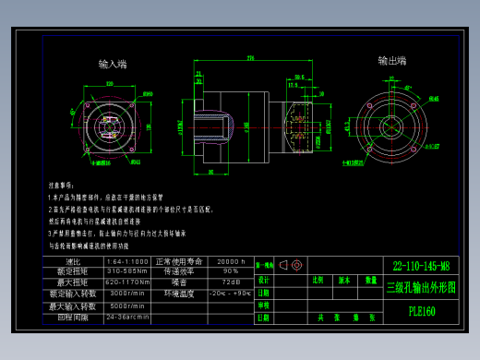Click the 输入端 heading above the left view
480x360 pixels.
[x=113, y=64]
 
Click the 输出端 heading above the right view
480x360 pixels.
[x=391, y=61]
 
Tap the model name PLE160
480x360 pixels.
[x=421, y=311]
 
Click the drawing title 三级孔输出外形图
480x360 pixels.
[x=421, y=287]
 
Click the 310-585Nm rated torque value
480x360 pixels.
[x=127, y=271]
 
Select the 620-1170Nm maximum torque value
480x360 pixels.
[x=127, y=282]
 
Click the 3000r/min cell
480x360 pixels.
[x=127, y=293]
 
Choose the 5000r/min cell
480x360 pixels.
[x=127, y=306]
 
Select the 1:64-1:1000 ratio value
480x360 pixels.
[x=127, y=261]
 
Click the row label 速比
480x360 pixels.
[x=73, y=261]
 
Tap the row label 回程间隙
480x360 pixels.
[x=73, y=317]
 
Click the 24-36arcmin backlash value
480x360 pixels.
[x=127, y=317]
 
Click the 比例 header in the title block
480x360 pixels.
[x=318, y=279]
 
